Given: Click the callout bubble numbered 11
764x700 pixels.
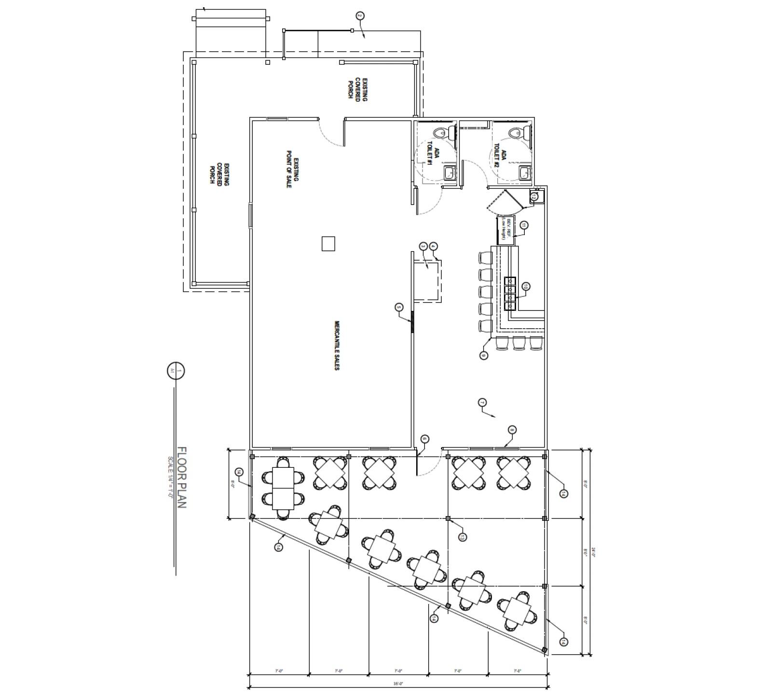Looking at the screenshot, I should click(x=524, y=225).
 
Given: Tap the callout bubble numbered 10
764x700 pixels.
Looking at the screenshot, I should click(x=526, y=287).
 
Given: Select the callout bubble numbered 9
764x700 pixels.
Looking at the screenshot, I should click(x=484, y=355).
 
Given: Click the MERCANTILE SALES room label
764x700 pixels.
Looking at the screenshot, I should click(x=337, y=346).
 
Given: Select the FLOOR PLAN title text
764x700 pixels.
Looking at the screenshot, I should click(x=182, y=477).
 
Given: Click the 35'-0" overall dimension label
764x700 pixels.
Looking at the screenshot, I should click(x=398, y=683).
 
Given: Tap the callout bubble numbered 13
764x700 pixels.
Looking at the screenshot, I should click(x=462, y=537).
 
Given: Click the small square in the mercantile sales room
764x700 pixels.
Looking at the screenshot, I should click(x=328, y=243).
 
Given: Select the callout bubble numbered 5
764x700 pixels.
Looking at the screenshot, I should click(x=398, y=307).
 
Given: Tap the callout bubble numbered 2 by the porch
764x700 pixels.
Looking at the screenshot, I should click(x=359, y=16).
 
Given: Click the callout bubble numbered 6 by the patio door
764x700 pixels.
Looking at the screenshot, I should click(x=424, y=439).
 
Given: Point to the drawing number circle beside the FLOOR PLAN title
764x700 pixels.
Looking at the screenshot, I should click(x=176, y=371).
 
